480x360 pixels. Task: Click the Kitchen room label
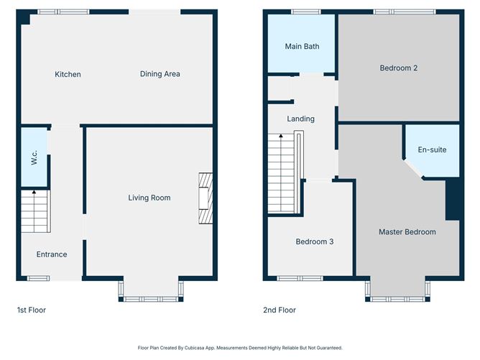click(68, 74)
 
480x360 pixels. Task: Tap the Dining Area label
click(160, 73)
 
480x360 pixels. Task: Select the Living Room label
click(149, 198)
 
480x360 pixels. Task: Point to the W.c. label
click(34, 157)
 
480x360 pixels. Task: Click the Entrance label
click(52, 254)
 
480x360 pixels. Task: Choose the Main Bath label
click(302, 47)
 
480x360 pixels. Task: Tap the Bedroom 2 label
click(399, 68)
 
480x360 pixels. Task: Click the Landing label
click(300, 119)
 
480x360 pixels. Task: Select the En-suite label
click(432, 150)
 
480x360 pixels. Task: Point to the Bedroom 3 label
click(314, 242)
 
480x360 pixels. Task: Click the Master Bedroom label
click(407, 232)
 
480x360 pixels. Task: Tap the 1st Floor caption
click(32, 310)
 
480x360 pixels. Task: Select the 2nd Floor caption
click(280, 310)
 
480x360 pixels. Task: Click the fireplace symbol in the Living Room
click(206, 199)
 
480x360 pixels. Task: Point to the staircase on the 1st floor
click(34, 211)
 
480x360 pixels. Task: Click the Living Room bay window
click(150, 290)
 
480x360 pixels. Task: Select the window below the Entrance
click(37, 278)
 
